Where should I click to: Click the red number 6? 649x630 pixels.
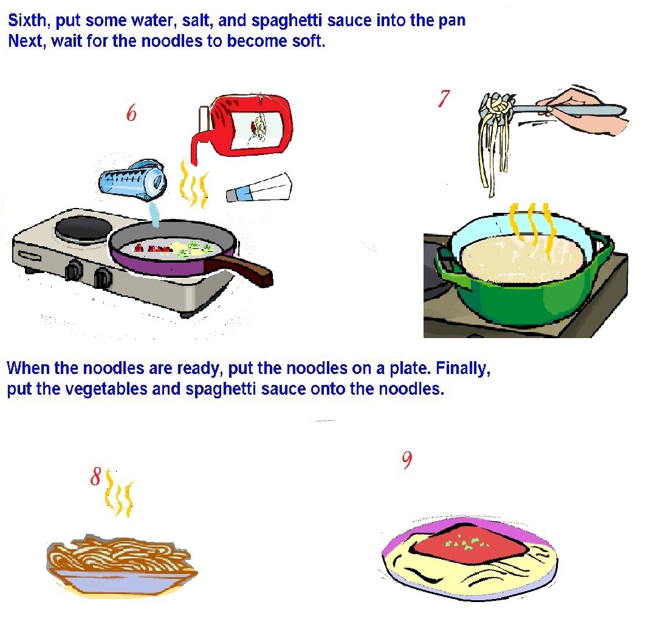[x=131, y=112]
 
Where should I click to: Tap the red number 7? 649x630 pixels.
[x=444, y=99]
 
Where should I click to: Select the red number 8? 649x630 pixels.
[x=95, y=476]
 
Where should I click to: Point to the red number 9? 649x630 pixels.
[x=407, y=460]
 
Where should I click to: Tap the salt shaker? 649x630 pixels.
[x=259, y=188]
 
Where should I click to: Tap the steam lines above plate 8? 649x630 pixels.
[x=119, y=493]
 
